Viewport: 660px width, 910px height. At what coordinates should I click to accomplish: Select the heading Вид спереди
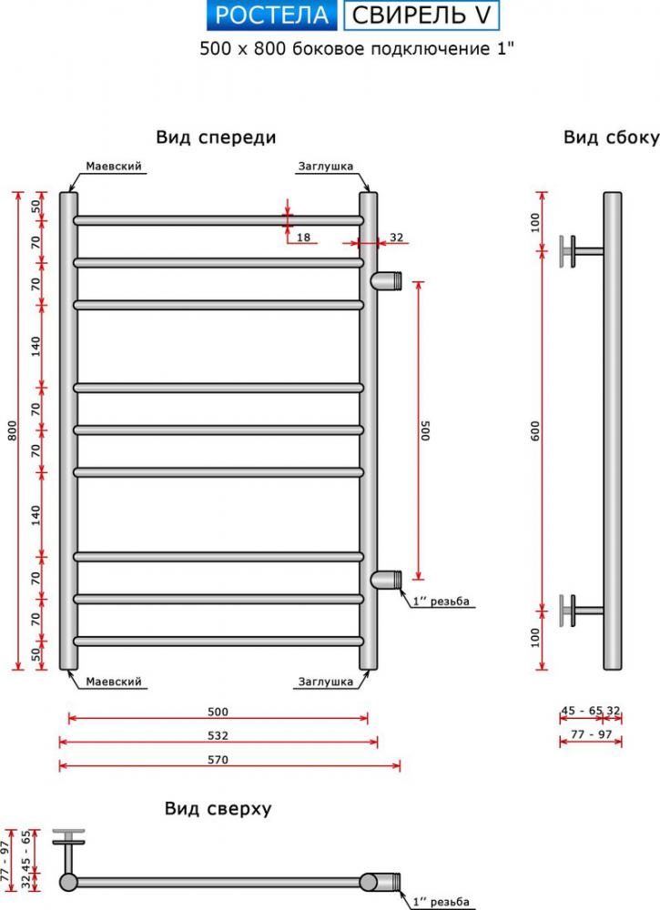coord(216,137)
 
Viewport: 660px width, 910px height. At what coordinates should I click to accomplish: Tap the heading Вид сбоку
coord(611,137)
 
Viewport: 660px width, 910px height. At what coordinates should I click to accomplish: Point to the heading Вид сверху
coord(218,808)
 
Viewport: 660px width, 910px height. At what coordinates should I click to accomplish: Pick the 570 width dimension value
coord(218,758)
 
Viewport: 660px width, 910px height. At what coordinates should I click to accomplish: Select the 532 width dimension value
coord(218,735)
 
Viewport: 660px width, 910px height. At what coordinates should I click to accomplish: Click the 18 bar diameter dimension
coord(303,238)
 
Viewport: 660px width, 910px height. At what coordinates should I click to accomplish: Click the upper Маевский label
coord(113,167)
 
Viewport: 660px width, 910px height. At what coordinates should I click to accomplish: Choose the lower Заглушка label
coord(325,681)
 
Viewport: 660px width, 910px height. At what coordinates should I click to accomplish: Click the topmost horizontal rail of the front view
coord(218,220)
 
